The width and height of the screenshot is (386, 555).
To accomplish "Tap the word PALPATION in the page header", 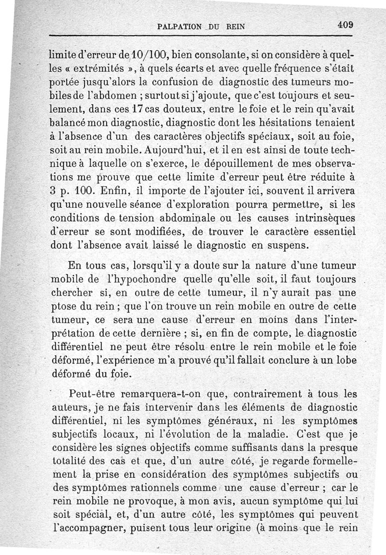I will click(178, 27).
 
